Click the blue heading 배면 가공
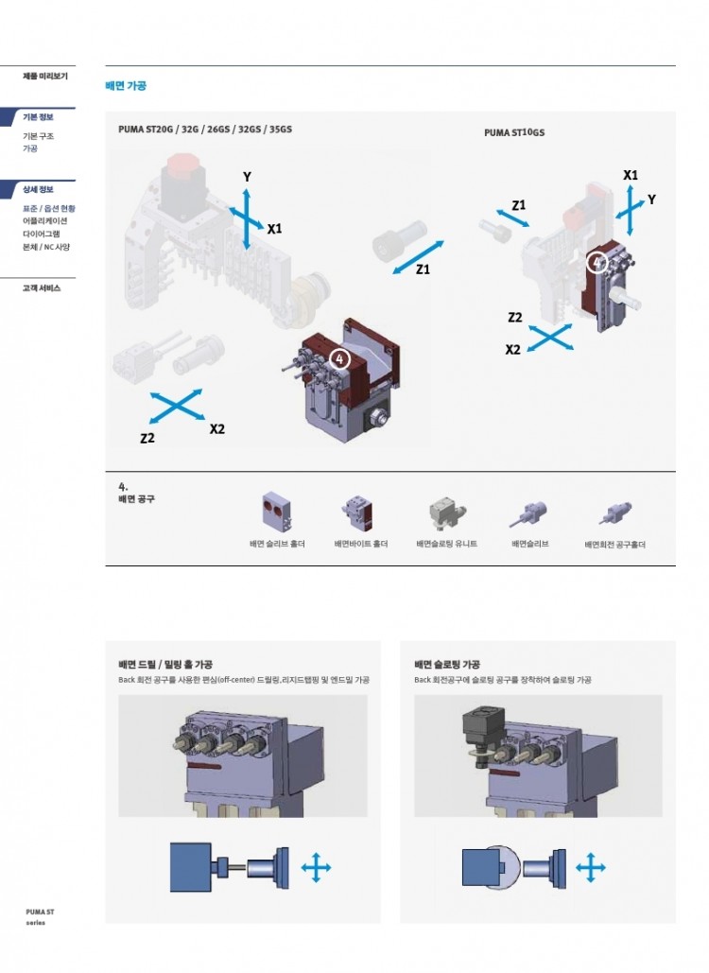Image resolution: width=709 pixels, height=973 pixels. [x=126, y=86]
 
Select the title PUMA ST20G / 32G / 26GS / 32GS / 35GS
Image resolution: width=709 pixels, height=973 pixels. [x=205, y=129]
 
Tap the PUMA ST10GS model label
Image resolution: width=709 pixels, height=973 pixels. [x=514, y=132]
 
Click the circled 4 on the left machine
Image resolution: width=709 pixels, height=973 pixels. [x=339, y=358]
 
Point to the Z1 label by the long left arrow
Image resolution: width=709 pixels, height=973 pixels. [x=423, y=269]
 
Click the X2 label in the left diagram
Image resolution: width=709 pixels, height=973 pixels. [x=217, y=428]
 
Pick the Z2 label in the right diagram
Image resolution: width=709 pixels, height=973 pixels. [x=515, y=317]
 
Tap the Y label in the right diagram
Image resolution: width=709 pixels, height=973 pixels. [x=651, y=200]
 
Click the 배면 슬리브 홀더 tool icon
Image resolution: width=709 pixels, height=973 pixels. [x=277, y=512]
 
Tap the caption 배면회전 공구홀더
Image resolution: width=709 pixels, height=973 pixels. [x=614, y=545]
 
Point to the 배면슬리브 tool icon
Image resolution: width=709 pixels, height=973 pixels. [x=529, y=513]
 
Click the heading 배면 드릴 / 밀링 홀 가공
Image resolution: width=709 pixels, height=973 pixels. [x=165, y=664]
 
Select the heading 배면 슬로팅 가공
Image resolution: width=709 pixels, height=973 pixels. [x=447, y=664]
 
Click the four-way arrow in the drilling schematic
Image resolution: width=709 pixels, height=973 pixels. [x=316, y=867]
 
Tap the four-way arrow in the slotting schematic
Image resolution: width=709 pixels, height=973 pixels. [x=591, y=867]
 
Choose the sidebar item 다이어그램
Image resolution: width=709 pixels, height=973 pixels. [x=41, y=234]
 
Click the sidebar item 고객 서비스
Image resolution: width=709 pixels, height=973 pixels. [x=42, y=287]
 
